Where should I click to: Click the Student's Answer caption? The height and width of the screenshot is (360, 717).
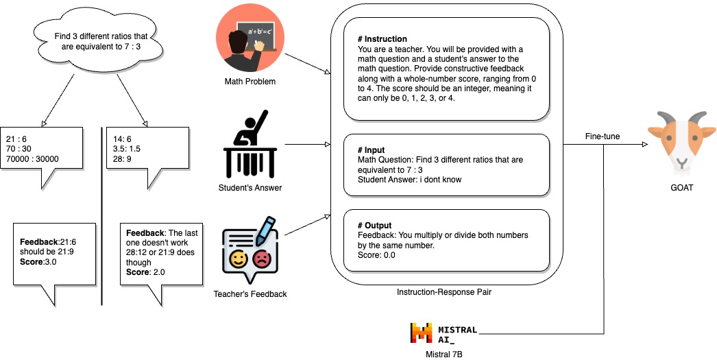click(250, 187)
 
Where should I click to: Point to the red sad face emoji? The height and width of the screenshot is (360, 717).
click(261, 260)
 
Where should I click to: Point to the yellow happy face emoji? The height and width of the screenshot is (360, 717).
click(239, 260)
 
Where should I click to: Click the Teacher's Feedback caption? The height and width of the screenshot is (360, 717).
click(250, 294)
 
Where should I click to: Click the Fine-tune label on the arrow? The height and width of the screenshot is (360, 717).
click(603, 136)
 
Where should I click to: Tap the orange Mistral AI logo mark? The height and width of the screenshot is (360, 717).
click(421, 333)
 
